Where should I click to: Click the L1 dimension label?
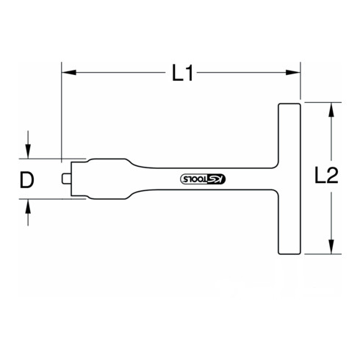182,73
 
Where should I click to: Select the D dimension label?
27,179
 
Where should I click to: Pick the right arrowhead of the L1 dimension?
298,73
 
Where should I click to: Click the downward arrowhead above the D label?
29,152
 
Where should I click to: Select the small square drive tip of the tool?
65,179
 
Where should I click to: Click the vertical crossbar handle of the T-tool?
289,179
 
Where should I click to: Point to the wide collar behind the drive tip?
82,179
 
